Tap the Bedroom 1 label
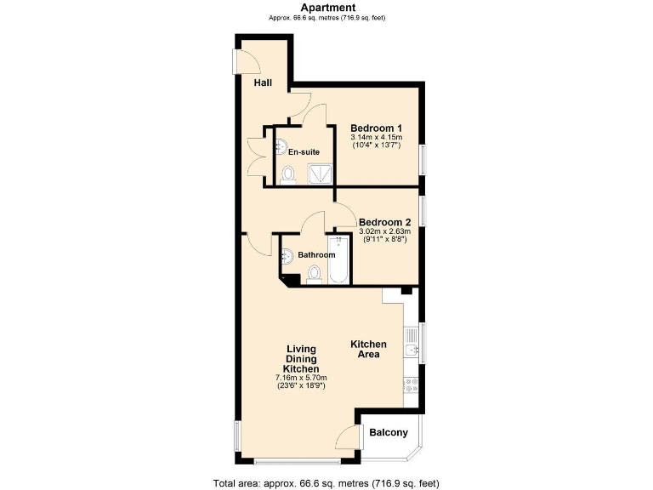coord(376,128)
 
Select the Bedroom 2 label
coord(384,222)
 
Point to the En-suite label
coord(304,152)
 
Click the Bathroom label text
coord(316,254)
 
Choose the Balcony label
coord(389,432)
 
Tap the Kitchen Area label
coord(369,349)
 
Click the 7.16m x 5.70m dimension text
coord(301,378)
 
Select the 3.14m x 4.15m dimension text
coord(376,137)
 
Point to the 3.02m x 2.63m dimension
coord(384,231)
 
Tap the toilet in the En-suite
coord(288,174)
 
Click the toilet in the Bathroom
coord(315,274)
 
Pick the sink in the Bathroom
coord(287,254)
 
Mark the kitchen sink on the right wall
coord(411,350)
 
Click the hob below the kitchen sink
coord(411,385)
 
